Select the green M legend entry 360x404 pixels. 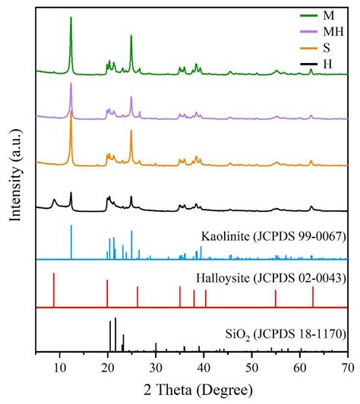[x=327, y=15]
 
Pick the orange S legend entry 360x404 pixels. [x=327, y=48]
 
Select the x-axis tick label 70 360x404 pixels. [x=346, y=366]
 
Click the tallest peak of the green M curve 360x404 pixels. [x=71, y=18]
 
